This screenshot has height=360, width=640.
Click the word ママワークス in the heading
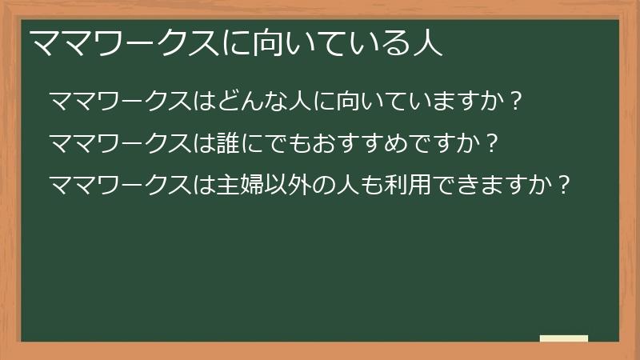[124, 42]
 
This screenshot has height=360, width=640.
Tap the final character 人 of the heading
[427, 42]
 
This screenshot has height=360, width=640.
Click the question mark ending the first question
[515, 102]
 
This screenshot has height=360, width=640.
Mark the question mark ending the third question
[563, 186]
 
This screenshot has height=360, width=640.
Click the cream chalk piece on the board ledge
[564, 338]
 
